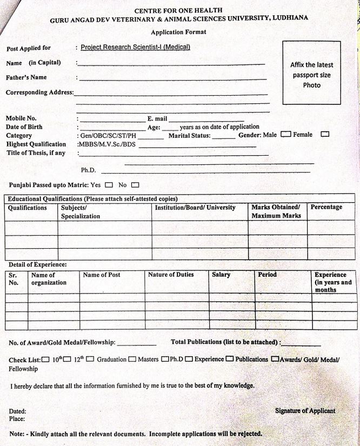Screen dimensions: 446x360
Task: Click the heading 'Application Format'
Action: coord(178,32)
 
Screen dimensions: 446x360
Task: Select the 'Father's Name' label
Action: coord(26,77)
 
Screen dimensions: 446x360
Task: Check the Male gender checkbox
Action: coord(286,134)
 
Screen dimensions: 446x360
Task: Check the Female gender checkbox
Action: coord(325,134)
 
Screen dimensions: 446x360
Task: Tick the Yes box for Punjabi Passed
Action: coord(109,185)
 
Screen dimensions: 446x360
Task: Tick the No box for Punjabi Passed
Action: coord(135,185)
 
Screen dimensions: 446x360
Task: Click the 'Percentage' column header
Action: coord(326,207)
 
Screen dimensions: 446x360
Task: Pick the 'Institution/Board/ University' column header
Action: coord(195,208)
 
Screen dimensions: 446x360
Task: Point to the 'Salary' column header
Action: coord(221,275)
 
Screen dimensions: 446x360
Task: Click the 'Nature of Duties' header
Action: coord(171,275)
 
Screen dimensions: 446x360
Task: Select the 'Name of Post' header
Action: coord(102,275)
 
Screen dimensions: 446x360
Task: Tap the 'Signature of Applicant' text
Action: coord(305,411)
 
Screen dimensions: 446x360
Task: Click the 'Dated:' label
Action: coord(17,411)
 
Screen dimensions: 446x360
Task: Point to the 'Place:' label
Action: coord(17,418)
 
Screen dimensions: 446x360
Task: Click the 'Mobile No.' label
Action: coord(21,118)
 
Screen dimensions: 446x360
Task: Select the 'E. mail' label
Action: coord(157,118)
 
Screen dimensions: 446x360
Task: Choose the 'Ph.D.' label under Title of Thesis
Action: coord(88,170)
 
